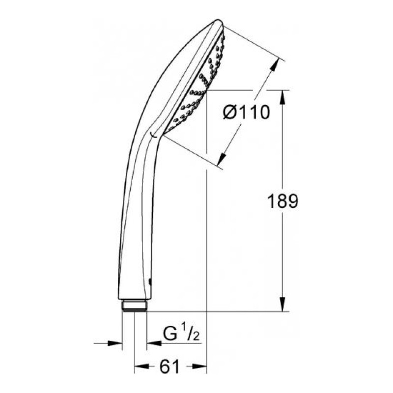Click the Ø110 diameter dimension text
246,112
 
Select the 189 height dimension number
282,201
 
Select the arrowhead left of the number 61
141,366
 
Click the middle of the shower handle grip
135,216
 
